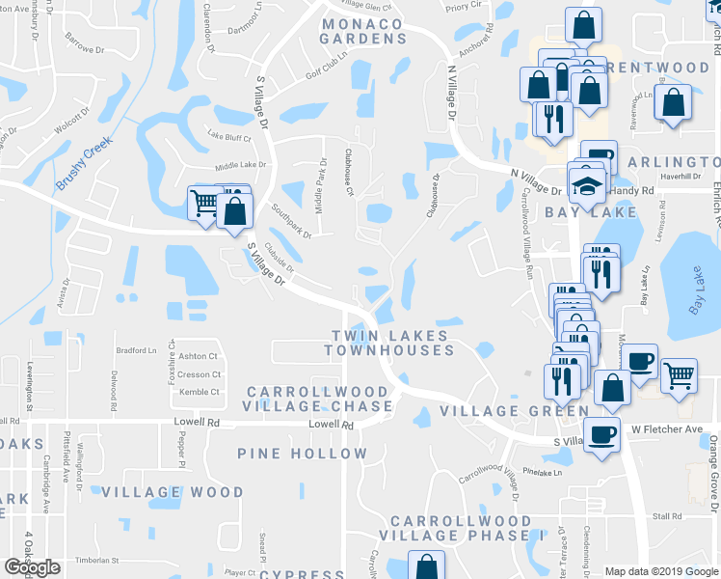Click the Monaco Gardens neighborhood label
click(364, 30)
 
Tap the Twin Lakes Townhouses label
click(389, 343)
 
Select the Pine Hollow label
click(303, 453)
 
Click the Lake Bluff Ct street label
click(230, 137)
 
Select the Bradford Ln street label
click(135, 350)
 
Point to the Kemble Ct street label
click(200, 392)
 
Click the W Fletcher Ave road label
click(667, 428)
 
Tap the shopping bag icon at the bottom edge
click(426, 565)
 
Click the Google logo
click(32, 567)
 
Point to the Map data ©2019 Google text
click(660, 571)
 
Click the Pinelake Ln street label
click(541, 473)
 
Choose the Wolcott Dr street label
click(70, 124)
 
